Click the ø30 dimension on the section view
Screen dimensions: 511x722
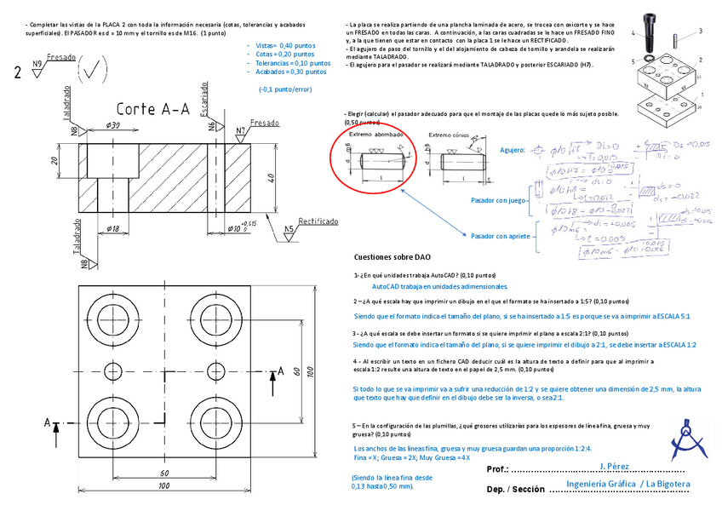113,126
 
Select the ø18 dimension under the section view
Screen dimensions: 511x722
113,228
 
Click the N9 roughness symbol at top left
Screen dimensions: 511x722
37,66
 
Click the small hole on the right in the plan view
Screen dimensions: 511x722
215,370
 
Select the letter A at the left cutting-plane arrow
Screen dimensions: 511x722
49,421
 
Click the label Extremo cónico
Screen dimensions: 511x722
450,135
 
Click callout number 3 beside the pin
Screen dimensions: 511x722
700,31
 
